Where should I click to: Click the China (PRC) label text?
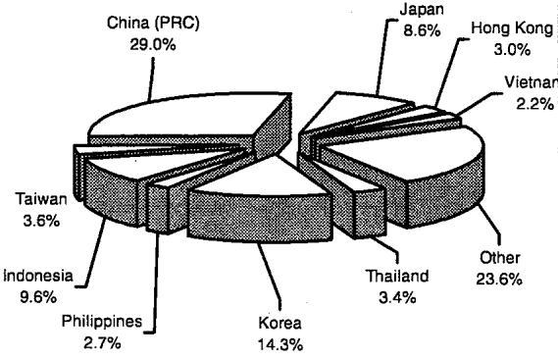[x=153, y=24]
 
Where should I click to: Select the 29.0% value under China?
[x=153, y=45]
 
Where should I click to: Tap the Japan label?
[x=422, y=10]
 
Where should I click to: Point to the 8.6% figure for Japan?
[x=422, y=30]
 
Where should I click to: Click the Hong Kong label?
[x=512, y=28]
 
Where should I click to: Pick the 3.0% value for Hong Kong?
[x=512, y=49]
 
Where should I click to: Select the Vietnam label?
[x=532, y=82]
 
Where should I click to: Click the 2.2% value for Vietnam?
[x=534, y=104]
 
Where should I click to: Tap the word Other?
[x=499, y=258]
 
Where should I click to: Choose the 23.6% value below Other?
[x=499, y=280]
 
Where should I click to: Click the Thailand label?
[x=397, y=276]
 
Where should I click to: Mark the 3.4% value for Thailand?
[x=397, y=297]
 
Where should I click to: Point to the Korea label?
[x=280, y=323]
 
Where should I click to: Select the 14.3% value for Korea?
[x=280, y=344]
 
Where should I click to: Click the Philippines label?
[x=102, y=322]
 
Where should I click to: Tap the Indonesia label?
[x=38, y=276]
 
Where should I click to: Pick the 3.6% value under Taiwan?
[x=41, y=221]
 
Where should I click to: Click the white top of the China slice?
[x=188, y=115]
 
